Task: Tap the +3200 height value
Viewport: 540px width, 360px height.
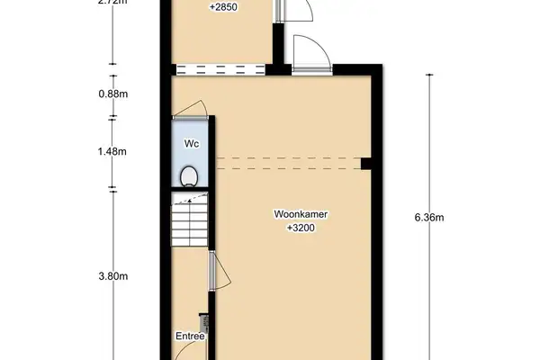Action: click(x=301, y=229)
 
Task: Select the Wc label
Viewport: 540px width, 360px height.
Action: click(x=191, y=143)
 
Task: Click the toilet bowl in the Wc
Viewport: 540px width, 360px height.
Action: click(x=190, y=176)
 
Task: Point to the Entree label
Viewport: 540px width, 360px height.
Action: click(x=190, y=337)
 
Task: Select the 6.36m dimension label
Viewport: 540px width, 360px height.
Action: click(x=430, y=217)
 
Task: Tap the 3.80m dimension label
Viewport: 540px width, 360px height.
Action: click(x=113, y=276)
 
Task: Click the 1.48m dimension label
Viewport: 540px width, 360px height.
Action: click(x=113, y=152)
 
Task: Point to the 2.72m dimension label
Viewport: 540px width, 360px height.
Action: click(x=113, y=3)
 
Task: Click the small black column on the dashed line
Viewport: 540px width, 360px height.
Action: click(x=366, y=163)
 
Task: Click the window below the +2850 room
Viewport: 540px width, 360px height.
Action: click(x=221, y=68)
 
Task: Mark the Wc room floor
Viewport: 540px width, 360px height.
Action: click(x=191, y=158)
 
